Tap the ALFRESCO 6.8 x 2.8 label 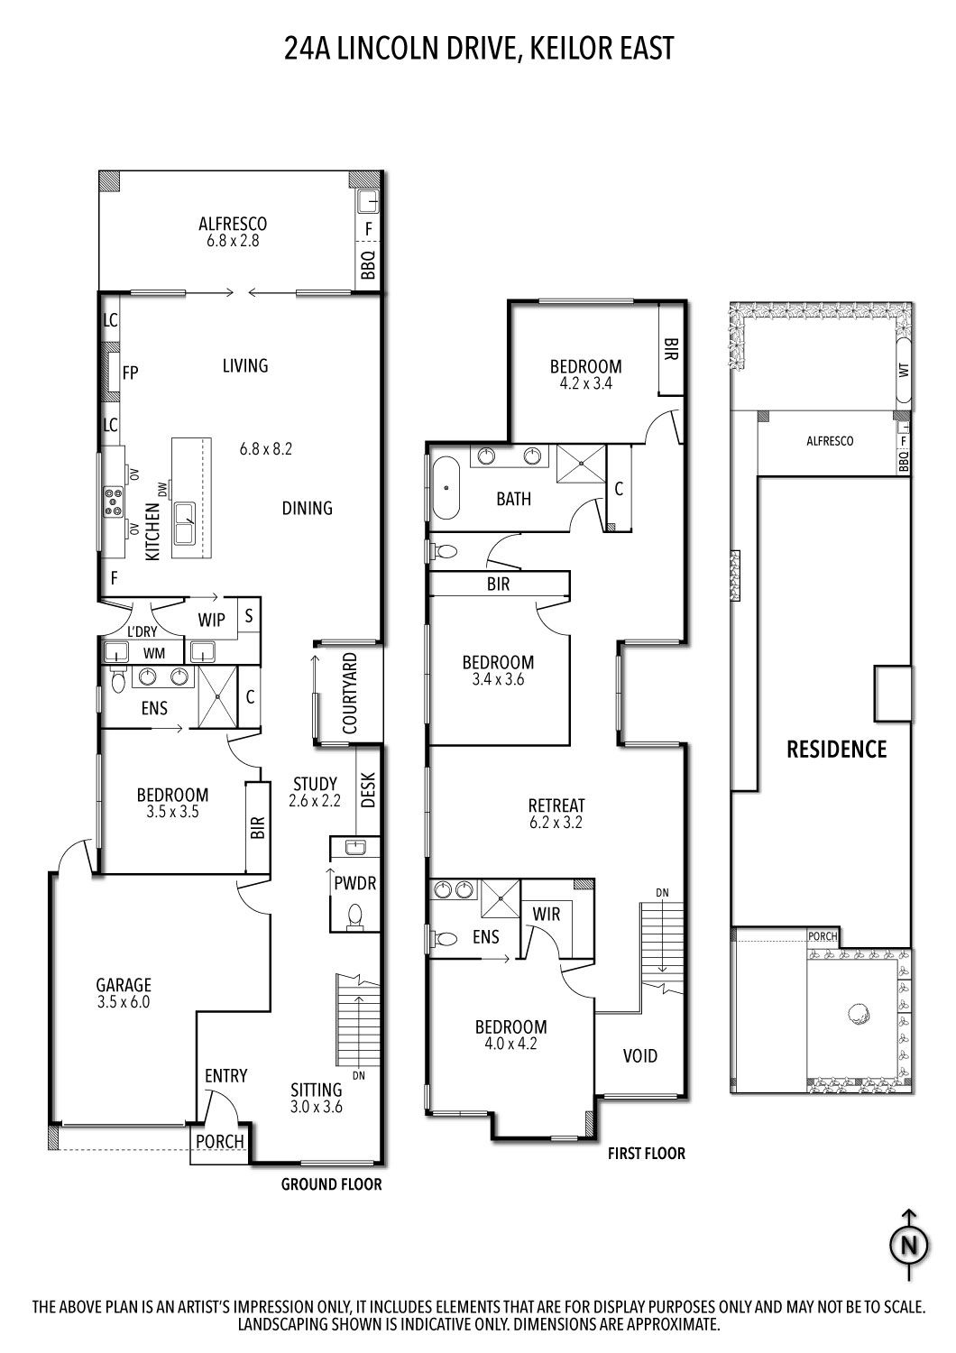(233, 232)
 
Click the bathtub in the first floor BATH (444, 488)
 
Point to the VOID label (640, 1055)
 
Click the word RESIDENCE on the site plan (836, 749)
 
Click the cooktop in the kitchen (115, 501)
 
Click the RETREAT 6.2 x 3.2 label (556, 814)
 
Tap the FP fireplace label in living (130, 373)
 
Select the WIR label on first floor (547, 914)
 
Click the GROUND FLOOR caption (331, 1184)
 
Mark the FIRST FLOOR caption (646, 1153)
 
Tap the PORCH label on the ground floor (220, 1141)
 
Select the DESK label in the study (369, 791)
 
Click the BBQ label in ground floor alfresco (368, 267)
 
